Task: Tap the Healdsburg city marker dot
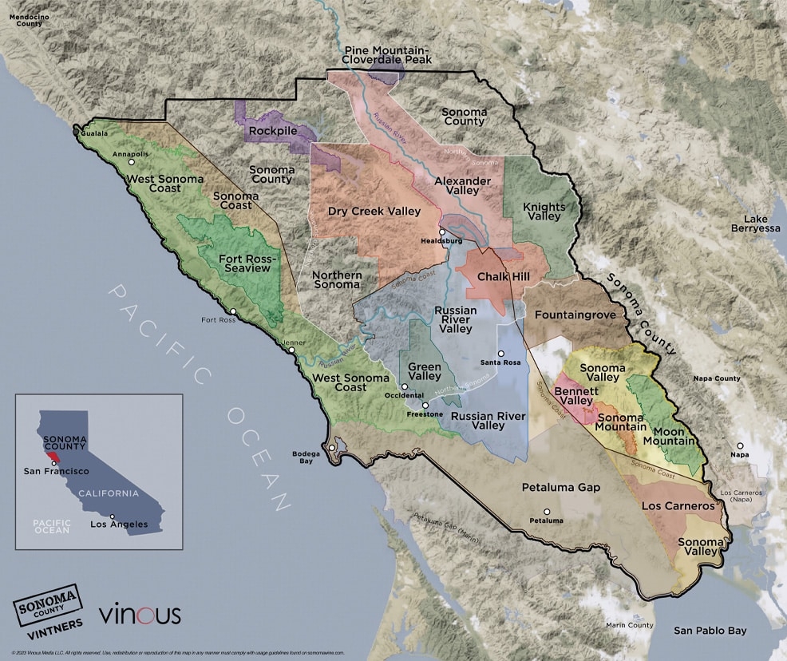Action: [441, 232]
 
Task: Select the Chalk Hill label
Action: [499, 276]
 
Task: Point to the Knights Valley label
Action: [544, 212]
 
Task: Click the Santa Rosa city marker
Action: [501, 354]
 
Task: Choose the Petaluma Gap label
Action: [560, 487]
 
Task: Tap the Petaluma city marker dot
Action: [547, 512]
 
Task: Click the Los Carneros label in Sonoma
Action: [678, 506]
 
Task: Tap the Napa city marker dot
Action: [741, 445]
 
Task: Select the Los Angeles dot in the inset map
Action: [113, 517]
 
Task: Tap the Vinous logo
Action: [140, 615]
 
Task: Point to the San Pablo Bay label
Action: [710, 631]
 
